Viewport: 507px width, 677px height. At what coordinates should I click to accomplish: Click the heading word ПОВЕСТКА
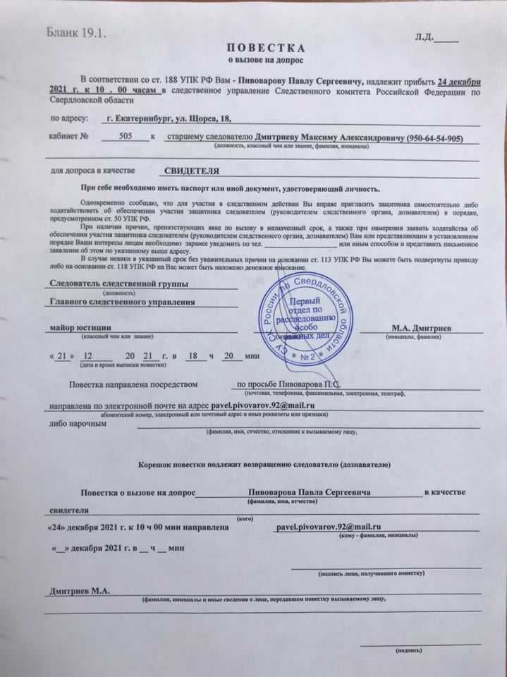(x=266, y=48)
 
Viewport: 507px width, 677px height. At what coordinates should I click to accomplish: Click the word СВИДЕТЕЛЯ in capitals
(x=188, y=171)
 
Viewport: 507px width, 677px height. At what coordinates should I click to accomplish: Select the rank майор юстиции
(x=77, y=328)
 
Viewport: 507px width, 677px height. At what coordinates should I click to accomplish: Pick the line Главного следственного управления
(x=116, y=303)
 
